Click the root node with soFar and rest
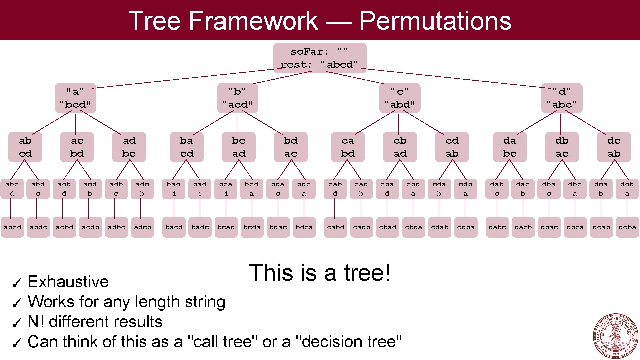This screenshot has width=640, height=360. pos(320,58)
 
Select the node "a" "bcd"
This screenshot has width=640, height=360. pos(75,98)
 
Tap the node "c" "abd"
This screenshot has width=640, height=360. pos(400,98)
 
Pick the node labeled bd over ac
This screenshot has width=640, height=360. pos(290,147)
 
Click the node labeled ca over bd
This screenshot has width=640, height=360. pos(348,147)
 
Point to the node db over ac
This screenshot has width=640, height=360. pos(562,147)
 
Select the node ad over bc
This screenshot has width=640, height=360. pos(129,147)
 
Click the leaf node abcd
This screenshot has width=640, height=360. pos(12,227)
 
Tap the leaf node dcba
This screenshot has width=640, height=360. pos(627,227)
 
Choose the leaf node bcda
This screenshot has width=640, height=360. pos(252,227)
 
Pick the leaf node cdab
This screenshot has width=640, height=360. pos(440,227)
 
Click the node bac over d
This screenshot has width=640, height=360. pos(173,189)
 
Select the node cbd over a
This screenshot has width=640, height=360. pos(413,189)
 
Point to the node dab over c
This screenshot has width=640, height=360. pos(497,189)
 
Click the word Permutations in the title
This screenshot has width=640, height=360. pos(435,21)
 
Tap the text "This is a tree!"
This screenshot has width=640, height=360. pos(320,273)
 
